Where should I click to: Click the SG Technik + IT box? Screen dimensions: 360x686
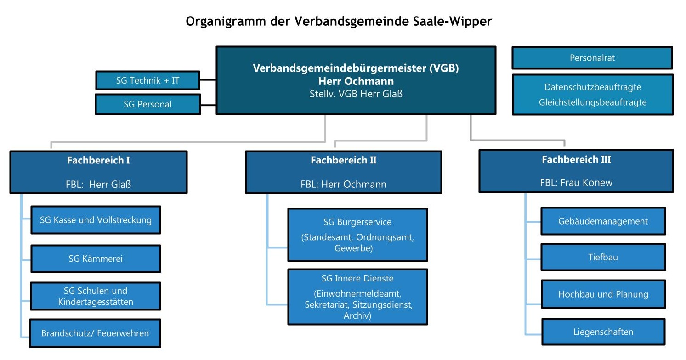point(147,80)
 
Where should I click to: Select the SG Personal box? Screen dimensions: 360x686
point(147,104)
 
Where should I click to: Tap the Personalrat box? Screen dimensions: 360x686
point(592,58)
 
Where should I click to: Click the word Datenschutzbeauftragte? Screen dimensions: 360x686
point(592,87)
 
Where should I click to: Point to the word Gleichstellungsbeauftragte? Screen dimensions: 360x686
point(592,102)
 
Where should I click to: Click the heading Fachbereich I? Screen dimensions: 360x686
point(98,160)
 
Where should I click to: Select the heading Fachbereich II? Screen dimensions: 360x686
point(343,160)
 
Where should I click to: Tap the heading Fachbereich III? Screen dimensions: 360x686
point(576,160)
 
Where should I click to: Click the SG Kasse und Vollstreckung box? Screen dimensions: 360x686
point(96,220)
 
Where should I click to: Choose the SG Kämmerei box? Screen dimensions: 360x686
point(96,259)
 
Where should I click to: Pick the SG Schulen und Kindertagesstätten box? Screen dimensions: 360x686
point(96,296)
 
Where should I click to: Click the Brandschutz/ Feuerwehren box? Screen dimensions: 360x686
point(95,333)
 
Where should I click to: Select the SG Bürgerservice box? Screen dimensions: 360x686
point(357,235)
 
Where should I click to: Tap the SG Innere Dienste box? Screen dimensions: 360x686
point(357,297)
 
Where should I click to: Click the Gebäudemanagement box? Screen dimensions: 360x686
point(603,221)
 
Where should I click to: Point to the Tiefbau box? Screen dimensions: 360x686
point(603,257)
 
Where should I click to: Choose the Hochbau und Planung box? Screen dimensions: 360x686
point(603,294)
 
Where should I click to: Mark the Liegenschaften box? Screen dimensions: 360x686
point(603,332)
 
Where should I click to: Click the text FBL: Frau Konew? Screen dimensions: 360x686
point(576,182)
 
